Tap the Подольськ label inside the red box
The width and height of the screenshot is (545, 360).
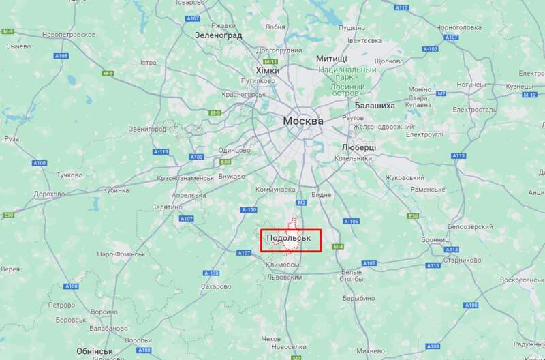click(x=289, y=238)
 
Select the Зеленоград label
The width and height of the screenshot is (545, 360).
click(x=218, y=33)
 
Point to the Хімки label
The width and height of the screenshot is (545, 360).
click(x=267, y=70)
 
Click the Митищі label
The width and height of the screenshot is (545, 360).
click(x=331, y=59)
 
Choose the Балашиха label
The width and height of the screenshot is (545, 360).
click(x=375, y=106)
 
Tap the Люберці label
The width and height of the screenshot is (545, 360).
click(x=358, y=147)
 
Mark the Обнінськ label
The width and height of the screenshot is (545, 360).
click(x=94, y=350)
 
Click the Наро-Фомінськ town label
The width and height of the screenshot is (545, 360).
click(x=121, y=254)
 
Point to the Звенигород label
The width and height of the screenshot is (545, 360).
click(x=147, y=129)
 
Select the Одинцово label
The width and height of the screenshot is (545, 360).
click(x=234, y=151)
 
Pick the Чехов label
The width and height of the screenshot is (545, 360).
click(x=270, y=339)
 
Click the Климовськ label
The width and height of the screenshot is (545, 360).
click(x=285, y=265)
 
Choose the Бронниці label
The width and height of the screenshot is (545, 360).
click(x=435, y=240)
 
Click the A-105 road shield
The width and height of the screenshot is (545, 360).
click(x=351, y=221)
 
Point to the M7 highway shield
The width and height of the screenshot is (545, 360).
click(x=441, y=93)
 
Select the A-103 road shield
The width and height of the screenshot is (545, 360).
click(x=430, y=49)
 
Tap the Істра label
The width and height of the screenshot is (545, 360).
click(x=148, y=63)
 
